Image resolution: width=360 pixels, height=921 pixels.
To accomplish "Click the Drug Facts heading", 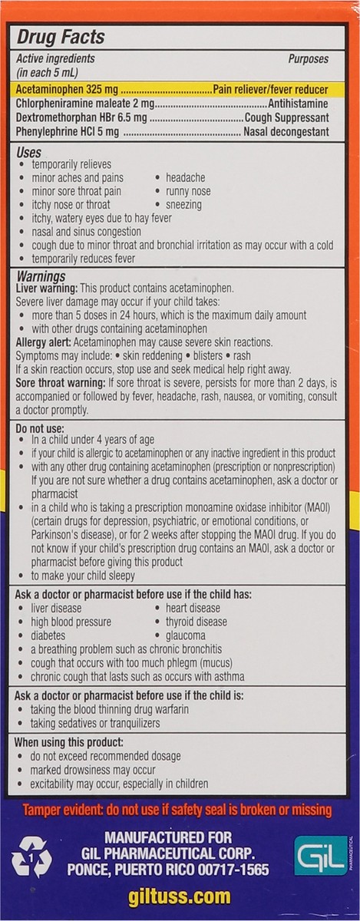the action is (61, 38).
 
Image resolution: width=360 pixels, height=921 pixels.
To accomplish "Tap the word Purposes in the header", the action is (308, 59).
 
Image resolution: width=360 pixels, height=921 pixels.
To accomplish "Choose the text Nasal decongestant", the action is (286, 132).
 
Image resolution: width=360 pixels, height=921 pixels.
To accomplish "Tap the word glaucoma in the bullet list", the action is (184, 635).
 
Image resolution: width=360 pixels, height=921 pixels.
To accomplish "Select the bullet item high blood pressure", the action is (71, 622).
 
